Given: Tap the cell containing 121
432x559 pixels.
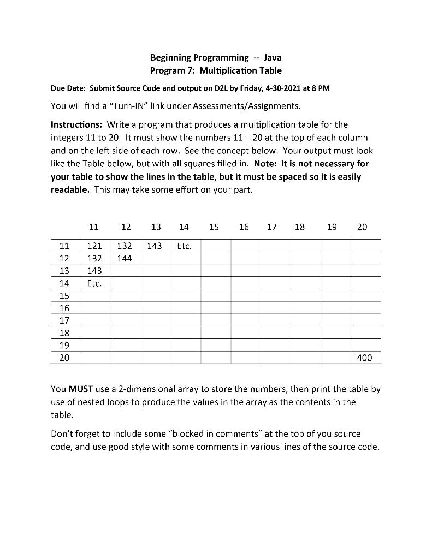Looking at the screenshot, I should pos(96,246).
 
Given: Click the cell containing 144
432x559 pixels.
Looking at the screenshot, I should pos(125,258).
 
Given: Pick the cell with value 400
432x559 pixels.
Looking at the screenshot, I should pos(364,358).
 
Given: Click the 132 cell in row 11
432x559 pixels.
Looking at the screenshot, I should pos(125,246).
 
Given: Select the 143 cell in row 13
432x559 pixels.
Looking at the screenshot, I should pos(96,271).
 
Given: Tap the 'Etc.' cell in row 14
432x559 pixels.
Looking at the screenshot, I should pos(96,283).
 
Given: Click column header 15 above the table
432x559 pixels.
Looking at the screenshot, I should pos(214,227).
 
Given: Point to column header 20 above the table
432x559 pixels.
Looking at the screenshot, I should pos(362,227).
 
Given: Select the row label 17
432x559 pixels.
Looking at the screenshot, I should pos(64,320).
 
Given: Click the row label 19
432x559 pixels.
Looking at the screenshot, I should pos(64,346).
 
